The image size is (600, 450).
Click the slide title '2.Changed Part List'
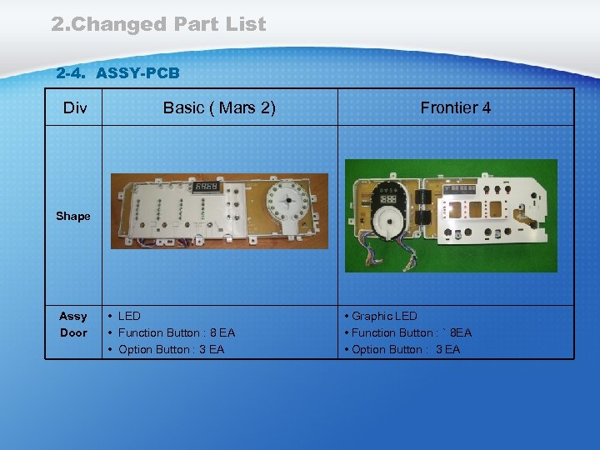(158, 24)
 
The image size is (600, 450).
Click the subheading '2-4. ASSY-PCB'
(117, 73)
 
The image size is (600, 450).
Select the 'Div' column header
(73, 107)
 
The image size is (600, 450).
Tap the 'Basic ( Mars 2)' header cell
(219, 107)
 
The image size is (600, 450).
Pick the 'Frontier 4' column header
(455, 107)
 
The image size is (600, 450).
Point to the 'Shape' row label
(73, 216)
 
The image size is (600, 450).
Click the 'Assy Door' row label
(73, 324)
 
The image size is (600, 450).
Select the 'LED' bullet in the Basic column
(129, 316)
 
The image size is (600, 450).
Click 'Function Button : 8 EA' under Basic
(177, 332)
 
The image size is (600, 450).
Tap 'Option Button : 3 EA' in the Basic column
(171, 349)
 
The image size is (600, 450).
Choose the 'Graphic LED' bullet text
(384, 316)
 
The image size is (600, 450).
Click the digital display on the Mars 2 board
(206, 187)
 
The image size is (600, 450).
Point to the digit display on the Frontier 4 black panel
(388, 202)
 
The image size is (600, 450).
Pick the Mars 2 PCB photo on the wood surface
(220, 211)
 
